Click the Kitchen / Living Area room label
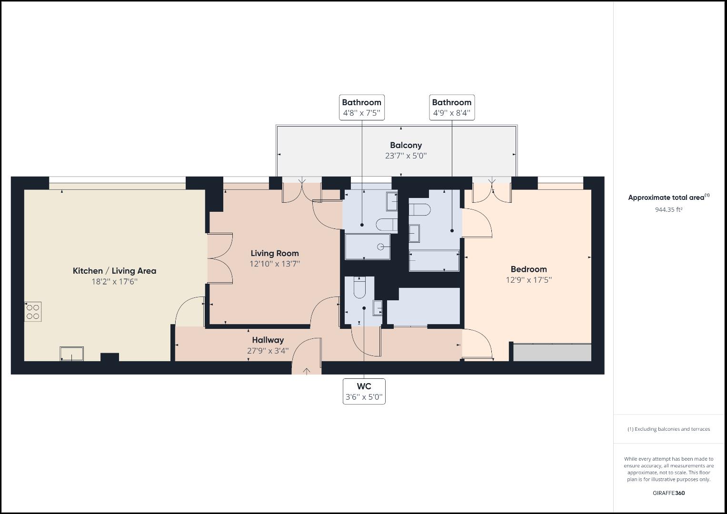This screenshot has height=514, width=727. pyautogui.click(x=114, y=271)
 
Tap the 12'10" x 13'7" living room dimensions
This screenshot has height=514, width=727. pyautogui.click(x=275, y=264)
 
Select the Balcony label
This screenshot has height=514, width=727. pyautogui.click(x=406, y=145)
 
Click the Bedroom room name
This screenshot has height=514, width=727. pyautogui.click(x=528, y=269)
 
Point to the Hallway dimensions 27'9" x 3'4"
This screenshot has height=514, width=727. pyautogui.click(x=268, y=351)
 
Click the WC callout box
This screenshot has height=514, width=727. pyautogui.click(x=364, y=391)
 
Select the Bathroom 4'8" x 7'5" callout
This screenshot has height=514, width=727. pyautogui.click(x=361, y=108)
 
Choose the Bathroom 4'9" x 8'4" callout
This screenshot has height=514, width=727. pyautogui.click(x=451, y=108)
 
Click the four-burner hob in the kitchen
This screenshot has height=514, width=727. pyautogui.click(x=33, y=312)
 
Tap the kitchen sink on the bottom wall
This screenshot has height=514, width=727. pyautogui.click(x=71, y=354)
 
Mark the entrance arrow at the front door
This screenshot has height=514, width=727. pyautogui.click(x=306, y=371)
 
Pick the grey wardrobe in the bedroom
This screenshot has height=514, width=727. pyautogui.click(x=552, y=353)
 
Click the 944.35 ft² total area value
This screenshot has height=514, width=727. pyautogui.click(x=668, y=209)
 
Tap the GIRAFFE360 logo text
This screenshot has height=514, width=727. pyautogui.click(x=668, y=493)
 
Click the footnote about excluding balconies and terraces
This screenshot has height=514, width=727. pyautogui.click(x=668, y=429)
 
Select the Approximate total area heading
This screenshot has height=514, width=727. pyautogui.click(x=667, y=198)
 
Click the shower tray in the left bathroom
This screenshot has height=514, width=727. pyautogui.click(x=368, y=247)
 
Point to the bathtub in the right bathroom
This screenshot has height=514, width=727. pyautogui.click(x=434, y=261)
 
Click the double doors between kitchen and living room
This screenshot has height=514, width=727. pyautogui.click(x=220, y=258)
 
